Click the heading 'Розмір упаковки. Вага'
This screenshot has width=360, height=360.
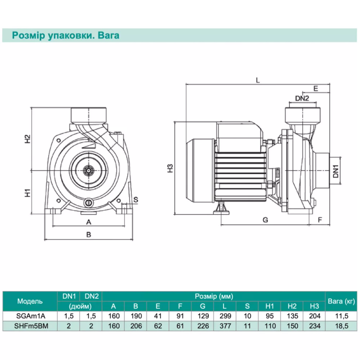tap(65, 35)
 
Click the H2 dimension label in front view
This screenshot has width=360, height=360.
tap(27, 139)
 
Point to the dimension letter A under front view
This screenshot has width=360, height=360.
tap(89, 221)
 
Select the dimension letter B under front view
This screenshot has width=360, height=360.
tap(89, 234)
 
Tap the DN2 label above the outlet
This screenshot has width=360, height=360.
tap(302, 98)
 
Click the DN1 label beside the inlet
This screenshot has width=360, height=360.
tap(336, 171)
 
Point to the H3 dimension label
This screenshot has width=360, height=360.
tap(170, 168)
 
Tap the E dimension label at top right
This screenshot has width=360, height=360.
tap(316, 89)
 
